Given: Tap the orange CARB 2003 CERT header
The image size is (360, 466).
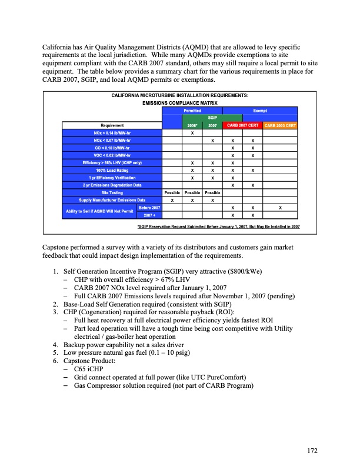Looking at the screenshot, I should click(x=279, y=125).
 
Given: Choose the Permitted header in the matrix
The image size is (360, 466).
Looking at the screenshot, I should click(x=193, y=110).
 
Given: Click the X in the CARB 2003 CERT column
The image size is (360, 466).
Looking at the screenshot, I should click(x=280, y=208).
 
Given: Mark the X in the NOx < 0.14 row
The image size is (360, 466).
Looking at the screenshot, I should click(x=192, y=132).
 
